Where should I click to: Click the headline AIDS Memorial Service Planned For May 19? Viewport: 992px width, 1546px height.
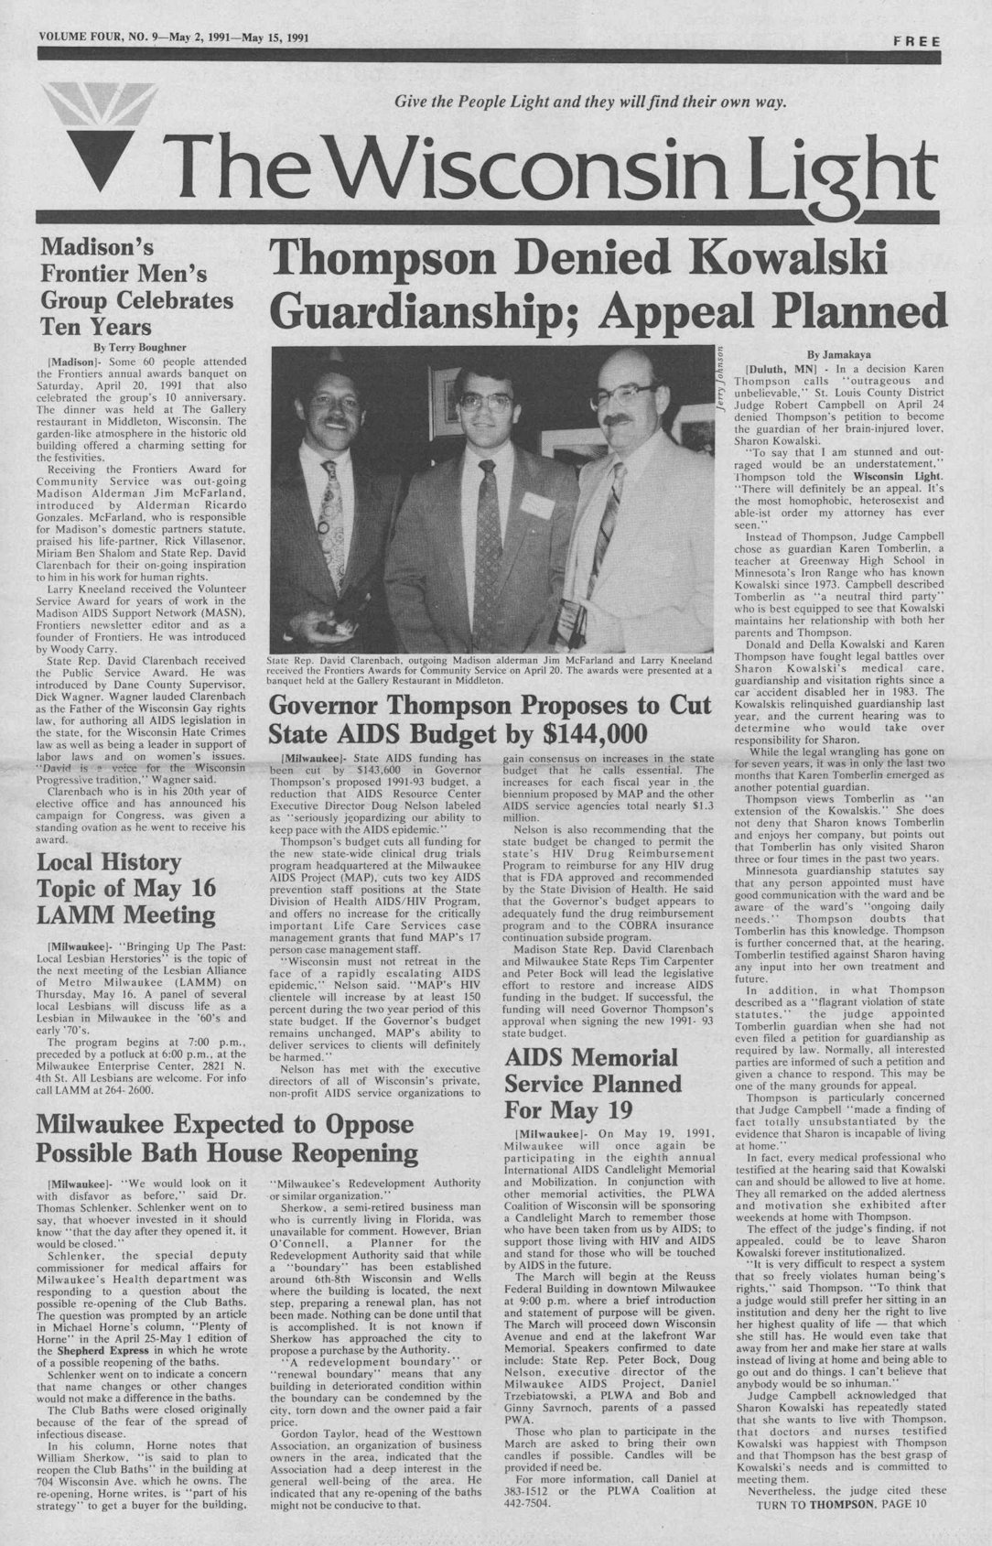pyautogui.click(x=593, y=1084)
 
